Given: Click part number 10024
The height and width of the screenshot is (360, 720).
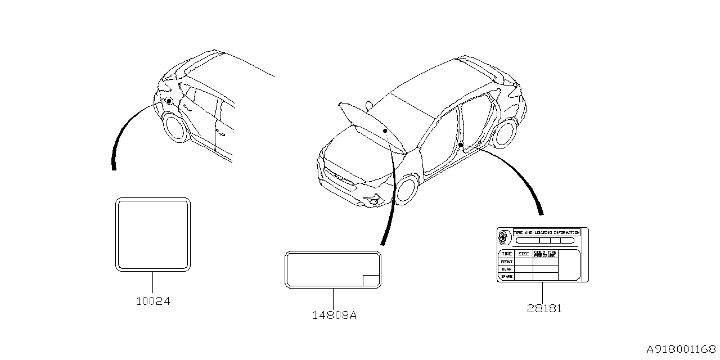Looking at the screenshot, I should [x=153, y=301].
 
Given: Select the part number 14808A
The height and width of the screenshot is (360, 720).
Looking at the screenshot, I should [x=335, y=316].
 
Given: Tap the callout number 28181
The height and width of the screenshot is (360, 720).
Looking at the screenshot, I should [x=544, y=309].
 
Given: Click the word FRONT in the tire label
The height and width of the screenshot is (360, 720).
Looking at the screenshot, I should [x=507, y=262].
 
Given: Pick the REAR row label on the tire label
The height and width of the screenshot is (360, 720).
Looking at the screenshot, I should [x=507, y=269].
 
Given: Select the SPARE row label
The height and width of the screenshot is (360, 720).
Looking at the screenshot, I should [x=507, y=277].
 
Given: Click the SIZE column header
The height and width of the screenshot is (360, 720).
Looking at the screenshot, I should [x=524, y=254].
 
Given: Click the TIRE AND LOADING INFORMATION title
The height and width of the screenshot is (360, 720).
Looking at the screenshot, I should [x=546, y=232].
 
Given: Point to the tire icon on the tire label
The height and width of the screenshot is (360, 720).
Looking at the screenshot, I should [x=504, y=237].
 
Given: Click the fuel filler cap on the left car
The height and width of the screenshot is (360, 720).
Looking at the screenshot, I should [x=168, y=101].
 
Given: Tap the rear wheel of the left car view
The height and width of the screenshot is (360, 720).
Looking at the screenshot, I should [x=175, y=127].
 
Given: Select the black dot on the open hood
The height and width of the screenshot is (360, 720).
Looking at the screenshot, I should [x=385, y=130].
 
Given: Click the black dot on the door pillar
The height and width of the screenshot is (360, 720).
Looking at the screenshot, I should [x=460, y=145].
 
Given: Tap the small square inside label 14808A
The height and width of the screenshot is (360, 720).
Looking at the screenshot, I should [x=370, y=281].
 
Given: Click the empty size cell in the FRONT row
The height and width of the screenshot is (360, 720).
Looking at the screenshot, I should [x=524, y=262].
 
